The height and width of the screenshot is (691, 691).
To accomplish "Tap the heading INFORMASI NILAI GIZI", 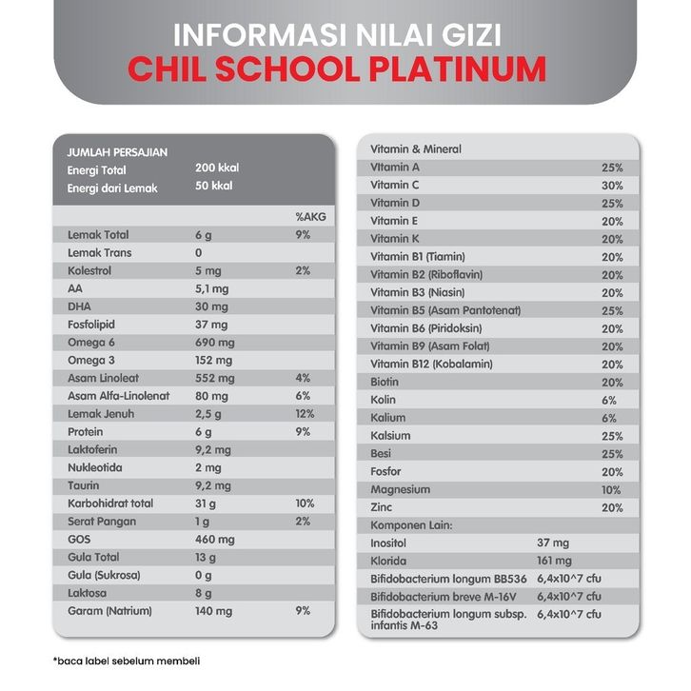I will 337,35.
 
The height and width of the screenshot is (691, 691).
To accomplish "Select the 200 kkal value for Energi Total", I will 216,168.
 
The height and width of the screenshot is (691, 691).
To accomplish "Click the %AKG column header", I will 310,217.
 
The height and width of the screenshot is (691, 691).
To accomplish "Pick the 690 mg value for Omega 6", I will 213,342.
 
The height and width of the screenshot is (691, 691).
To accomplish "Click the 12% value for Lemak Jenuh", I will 304,413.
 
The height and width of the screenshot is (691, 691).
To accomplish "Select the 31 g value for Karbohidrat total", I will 207,503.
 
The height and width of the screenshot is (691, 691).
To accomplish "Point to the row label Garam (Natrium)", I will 109,610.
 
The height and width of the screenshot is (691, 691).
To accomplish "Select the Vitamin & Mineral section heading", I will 415,149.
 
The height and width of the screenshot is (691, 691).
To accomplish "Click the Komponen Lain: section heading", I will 410,524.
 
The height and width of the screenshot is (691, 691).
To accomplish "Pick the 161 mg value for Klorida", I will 555,561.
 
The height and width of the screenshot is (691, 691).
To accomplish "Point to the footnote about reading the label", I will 127,661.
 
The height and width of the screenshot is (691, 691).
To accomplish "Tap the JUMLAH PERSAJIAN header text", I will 117,151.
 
